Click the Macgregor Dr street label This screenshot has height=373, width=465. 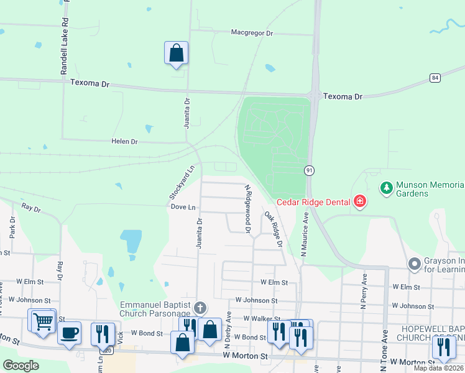pos(252,32)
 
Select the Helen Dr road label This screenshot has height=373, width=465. pos(124,142)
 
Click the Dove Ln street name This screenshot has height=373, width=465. pos(183,206)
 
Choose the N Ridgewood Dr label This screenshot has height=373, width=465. pos(247,209)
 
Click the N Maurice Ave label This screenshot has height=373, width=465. pos(305,236)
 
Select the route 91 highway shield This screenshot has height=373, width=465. pos(308,170)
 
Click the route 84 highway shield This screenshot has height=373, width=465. pos(435,78)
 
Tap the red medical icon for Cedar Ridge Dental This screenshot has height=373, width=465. pos(359,201)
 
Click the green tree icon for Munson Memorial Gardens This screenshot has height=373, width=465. pos(386,188)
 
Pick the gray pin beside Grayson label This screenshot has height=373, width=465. pos(415,265)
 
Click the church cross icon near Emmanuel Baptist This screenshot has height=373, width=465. pos(200,307)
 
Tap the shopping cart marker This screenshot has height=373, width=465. pos(43,321)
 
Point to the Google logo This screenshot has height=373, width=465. pos(21,366)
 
